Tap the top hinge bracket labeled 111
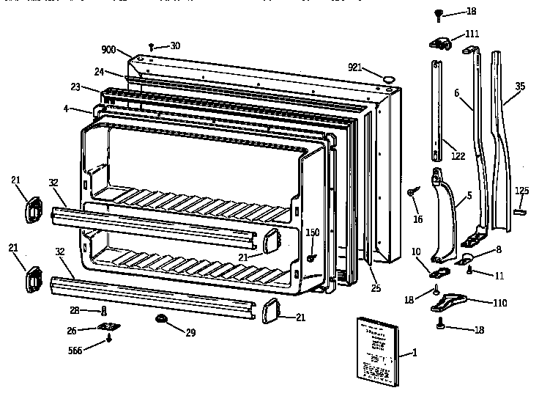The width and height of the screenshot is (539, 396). click(x=442, y=43)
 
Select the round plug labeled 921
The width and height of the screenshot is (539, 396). click(x=388, y=75)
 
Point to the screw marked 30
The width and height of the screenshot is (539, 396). click(x=152, y=46)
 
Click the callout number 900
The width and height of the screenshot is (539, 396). click(x=108, y=49)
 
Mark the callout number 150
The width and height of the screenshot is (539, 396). click(x=313, y=232)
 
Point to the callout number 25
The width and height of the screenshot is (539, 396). click(x=376, y=288)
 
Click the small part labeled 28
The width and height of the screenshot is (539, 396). click(x=104, y=311)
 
